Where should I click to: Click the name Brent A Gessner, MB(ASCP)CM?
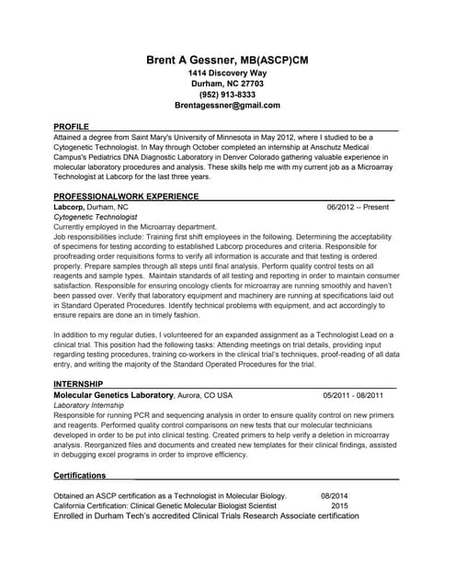pos(227,60)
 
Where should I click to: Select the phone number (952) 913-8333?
pos(227,95)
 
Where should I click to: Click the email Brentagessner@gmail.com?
pos(227,107)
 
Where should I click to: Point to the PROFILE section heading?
pos(72,125)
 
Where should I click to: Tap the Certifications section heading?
pos(80,475)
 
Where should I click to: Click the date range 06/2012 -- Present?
pos(358,208)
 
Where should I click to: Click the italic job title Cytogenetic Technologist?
pos(96,217)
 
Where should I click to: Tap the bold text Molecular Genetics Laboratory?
pos(114,395)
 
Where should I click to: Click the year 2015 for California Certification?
pos(340,506)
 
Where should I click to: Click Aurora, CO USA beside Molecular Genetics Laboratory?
pos(205,395)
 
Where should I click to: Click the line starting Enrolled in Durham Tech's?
pos(206,516)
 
